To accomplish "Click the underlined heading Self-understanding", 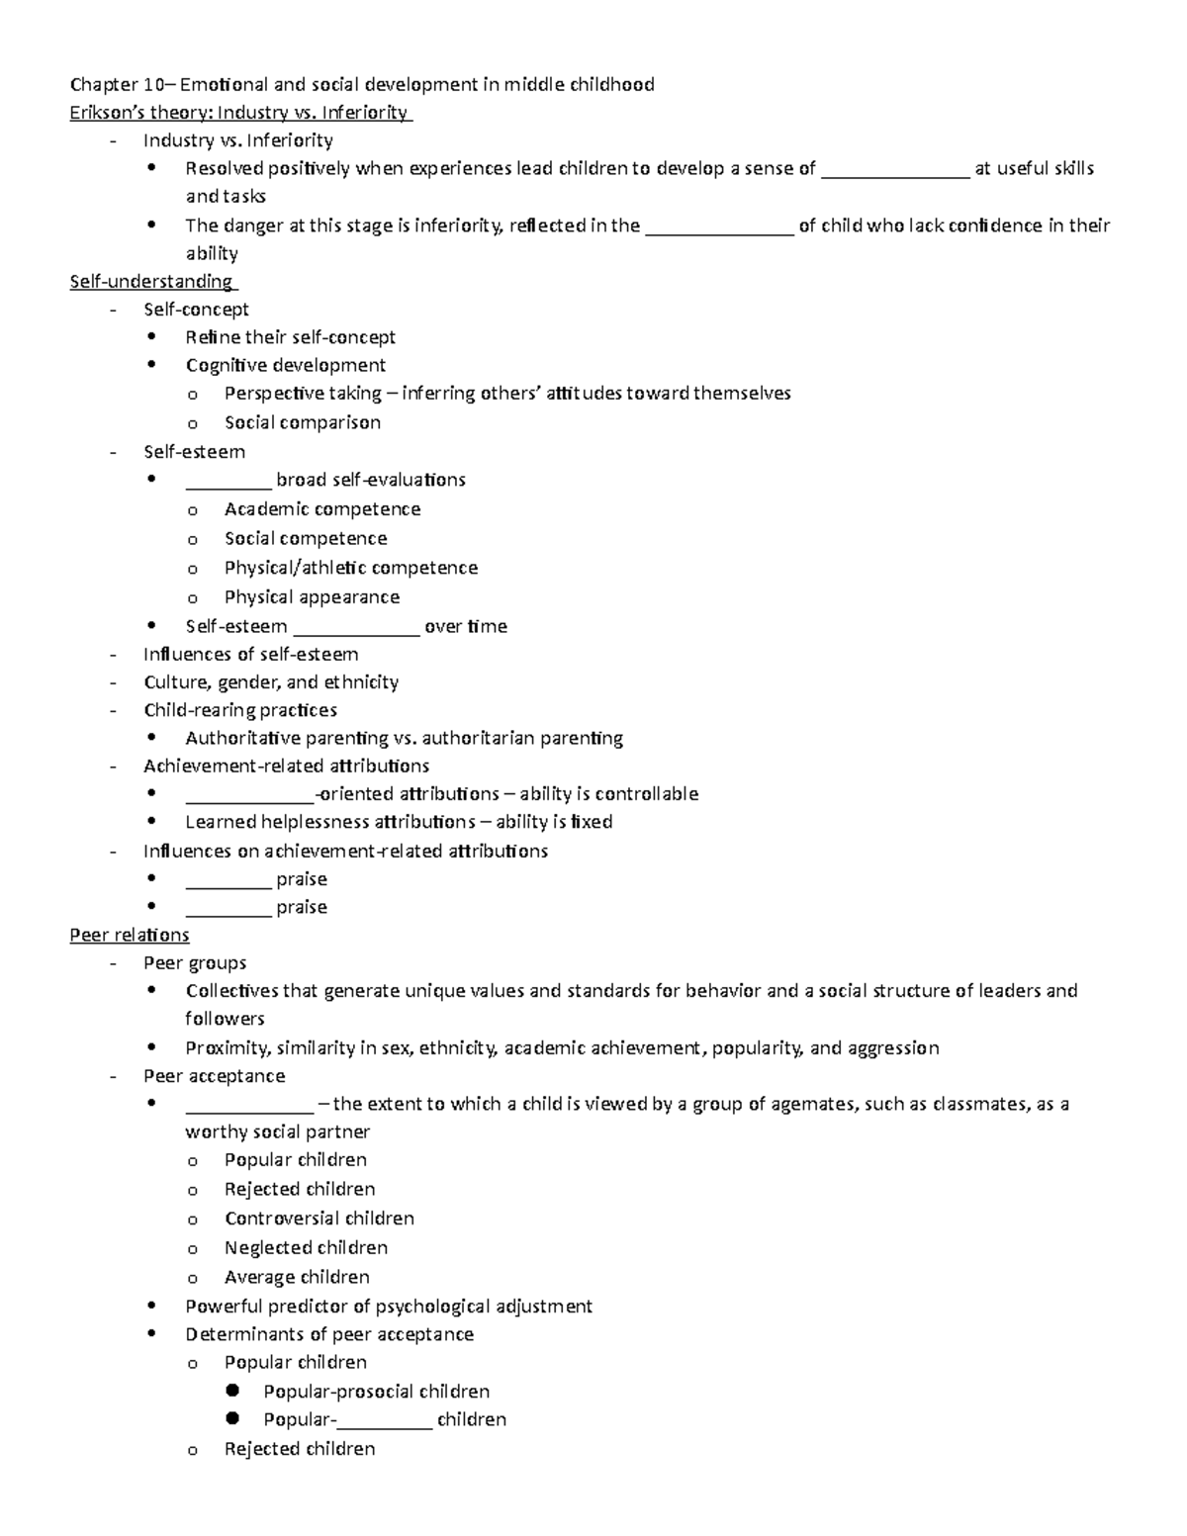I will coord(150,282).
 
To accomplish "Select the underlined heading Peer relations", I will coord(129,935).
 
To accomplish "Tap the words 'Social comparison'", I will coord(302,422).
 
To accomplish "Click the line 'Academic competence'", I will coord(322,509).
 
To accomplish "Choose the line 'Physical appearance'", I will coord(312,597).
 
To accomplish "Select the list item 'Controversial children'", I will coord(319,1219).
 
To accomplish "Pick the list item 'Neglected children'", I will coord(306,1248).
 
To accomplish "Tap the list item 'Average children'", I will coord(297,1277).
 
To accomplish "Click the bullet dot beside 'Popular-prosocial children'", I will coord(232,1391).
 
